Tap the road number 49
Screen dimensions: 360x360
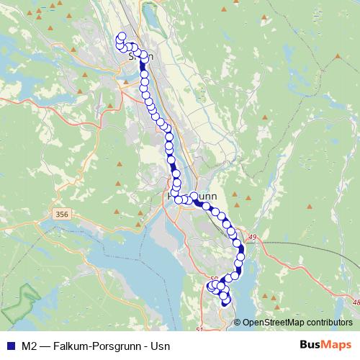coord(252,237)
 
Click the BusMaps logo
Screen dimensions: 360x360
coord(324,346)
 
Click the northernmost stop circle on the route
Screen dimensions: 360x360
coord(121,37)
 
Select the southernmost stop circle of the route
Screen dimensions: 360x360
coord(225,302)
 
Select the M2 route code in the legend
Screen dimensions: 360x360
coord(30,346)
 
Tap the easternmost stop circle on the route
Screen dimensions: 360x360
coord(240,250)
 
